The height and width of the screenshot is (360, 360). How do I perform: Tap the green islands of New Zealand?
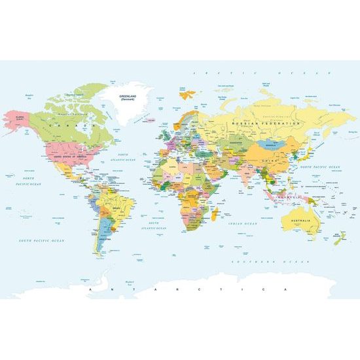[x=339, y=238]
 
